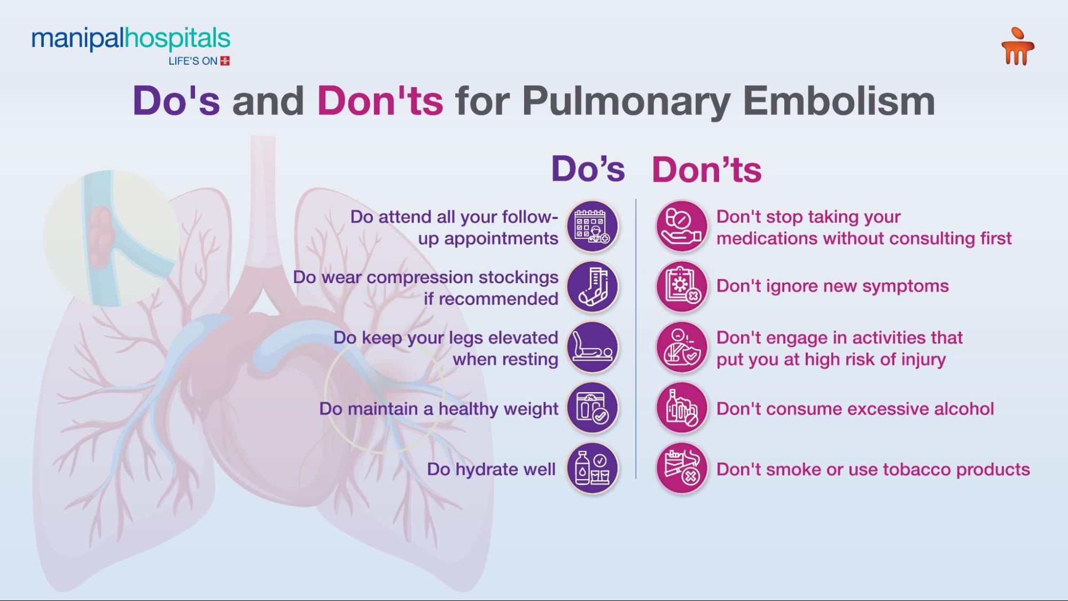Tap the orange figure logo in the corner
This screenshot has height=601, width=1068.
pyautogui.click(x=1017, y=47)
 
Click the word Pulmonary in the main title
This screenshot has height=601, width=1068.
pyautogui.click(x=626, y=101)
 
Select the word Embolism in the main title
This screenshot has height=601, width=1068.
pyautogui.click(x=839, y=101)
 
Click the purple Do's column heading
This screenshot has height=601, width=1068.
pyautogui.click(x=588, y=169)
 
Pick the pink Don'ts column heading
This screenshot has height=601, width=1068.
pyautogui.click(x=706, y=170)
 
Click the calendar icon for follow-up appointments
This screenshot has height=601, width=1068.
pyautogui.click(x=592, y=226)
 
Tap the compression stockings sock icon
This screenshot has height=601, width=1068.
pyautogui.click(x=592, y=287)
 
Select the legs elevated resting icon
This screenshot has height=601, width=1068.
pyautogui.click(x=592, y=347)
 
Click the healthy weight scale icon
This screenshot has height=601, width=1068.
pyautogui.click(x=592, y=408)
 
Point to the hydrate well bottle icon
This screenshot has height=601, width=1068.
pyautogui.click(x=592, y=469)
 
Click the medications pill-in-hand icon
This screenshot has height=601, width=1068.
pyautogui.click(x=681, y=226)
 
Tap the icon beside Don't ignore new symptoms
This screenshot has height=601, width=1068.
pyautogui.click(x=681, y=287)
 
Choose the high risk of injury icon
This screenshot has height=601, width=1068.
pyautogui.click(x=681, y=347)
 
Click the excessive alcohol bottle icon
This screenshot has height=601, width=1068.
pyautogui.click(x=681, y=408)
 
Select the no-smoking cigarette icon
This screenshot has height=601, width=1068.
pyautogui.click(x=681, y=469)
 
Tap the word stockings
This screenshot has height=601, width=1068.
pyautogui.click(x=518, y=277)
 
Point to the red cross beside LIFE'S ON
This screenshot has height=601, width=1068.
pyautogui.click(x=225, y=61)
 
